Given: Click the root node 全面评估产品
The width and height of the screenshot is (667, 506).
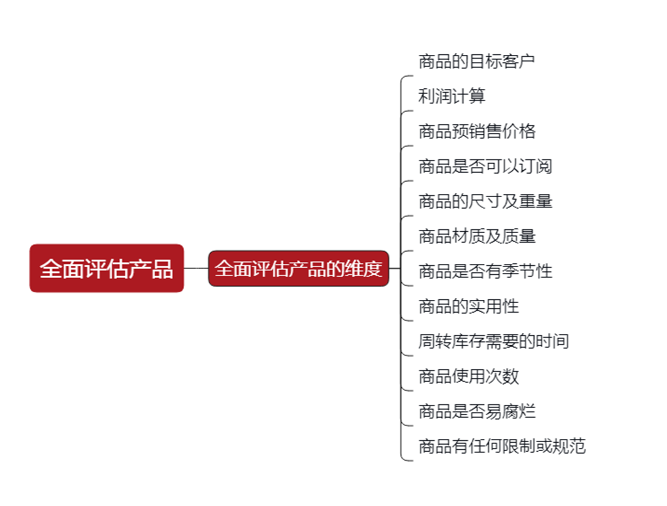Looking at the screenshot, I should (x=106, y=268).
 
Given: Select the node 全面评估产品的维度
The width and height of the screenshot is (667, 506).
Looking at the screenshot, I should (x=298, y=268).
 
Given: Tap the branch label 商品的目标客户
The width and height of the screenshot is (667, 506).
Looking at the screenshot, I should (x=476, y=61).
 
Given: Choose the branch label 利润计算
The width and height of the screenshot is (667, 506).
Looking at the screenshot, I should (x=452, y=96).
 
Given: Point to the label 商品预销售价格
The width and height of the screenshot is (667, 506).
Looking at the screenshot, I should (x=477, y=131).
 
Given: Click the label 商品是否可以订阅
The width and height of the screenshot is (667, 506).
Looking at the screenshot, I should (x=485, y=166).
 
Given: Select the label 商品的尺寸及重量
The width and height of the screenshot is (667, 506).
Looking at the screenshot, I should (x=485, y=201).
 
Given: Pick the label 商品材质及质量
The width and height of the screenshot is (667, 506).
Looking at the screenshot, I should (x=477, y=236).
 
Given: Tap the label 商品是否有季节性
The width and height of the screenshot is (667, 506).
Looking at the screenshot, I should (x=485, y=271).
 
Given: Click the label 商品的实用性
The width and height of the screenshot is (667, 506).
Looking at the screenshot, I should (x=468, y=306).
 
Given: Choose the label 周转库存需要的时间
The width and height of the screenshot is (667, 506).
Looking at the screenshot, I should (x=493, y=341).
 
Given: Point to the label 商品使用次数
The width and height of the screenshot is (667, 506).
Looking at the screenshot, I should (x=468, y=376).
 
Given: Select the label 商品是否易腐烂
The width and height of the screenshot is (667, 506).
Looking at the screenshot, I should (x=477, y=411).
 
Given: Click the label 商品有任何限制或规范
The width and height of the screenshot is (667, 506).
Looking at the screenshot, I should (x=502, y=446).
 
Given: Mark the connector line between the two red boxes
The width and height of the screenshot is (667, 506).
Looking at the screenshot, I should (x=196, y=268).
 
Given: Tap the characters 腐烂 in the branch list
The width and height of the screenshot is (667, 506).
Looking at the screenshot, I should (x=519, y=411).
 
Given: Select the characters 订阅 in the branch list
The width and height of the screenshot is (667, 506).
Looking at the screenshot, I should (x=535, y=166).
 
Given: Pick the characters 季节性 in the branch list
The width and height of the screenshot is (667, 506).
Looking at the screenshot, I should (x=527, y=271).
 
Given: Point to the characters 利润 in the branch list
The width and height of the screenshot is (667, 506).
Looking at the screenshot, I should (x=435, y=96).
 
